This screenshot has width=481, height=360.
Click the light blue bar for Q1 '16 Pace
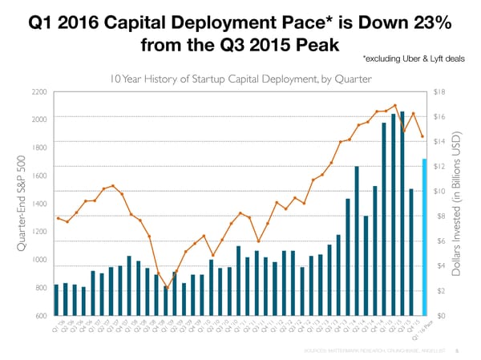point(424,237)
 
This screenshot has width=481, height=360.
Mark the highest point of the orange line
point(394,105)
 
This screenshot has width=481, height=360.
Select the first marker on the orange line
point(58,218)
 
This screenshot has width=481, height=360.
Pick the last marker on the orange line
point(422,137)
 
